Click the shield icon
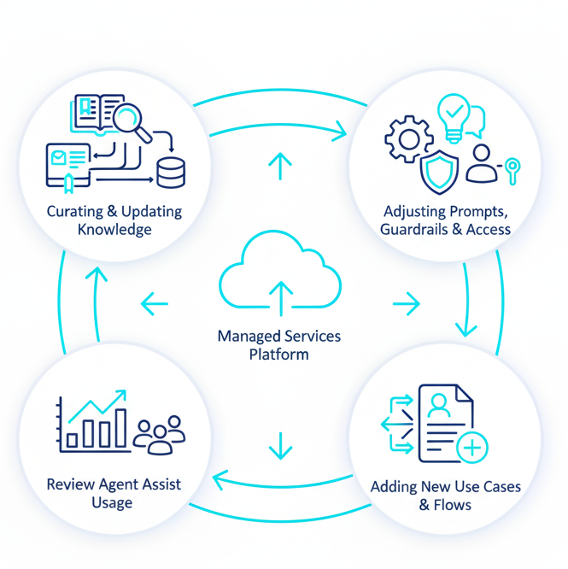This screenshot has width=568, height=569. coord(439,173)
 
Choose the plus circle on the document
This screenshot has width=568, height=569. coord(472,448)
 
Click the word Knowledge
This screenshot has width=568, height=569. coord(114,229)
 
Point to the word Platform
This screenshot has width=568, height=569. coord(279,354)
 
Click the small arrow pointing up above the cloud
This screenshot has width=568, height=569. coord(279,166)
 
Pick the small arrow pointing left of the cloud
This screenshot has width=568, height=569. coord(154,303)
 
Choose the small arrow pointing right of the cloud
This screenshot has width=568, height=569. coord(407,303)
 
